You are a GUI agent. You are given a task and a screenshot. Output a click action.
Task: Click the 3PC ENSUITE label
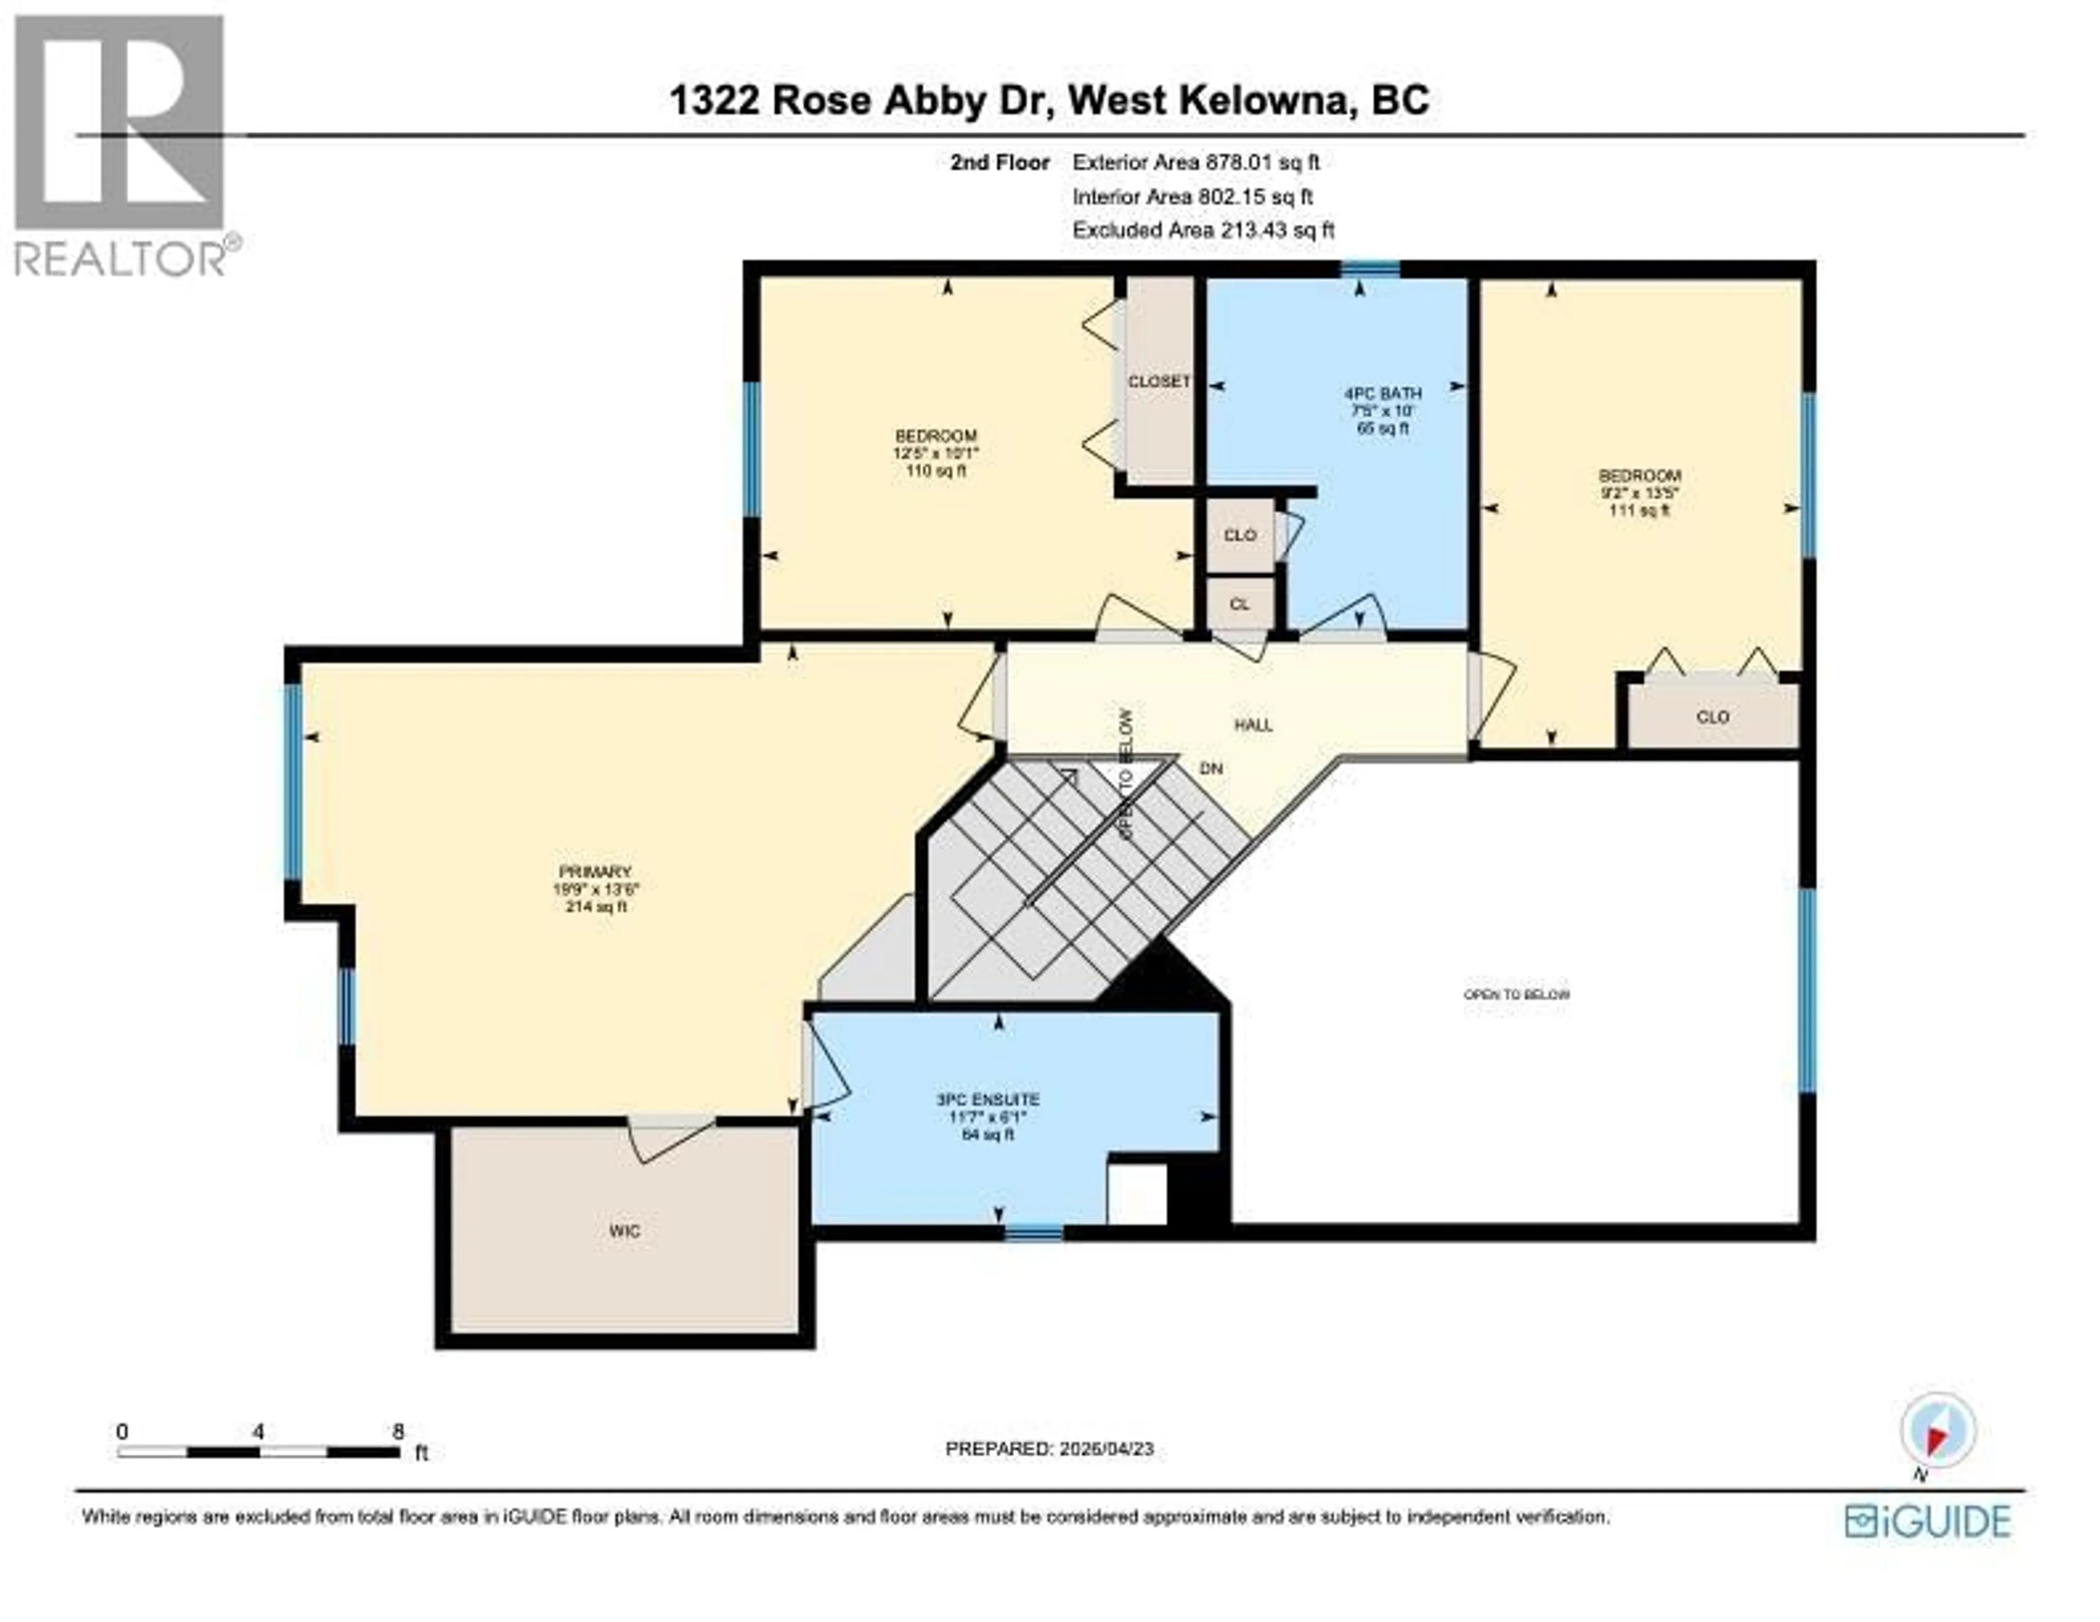988,1099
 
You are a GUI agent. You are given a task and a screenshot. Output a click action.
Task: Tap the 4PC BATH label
1382,393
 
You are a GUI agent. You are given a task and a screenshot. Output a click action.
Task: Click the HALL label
1253,725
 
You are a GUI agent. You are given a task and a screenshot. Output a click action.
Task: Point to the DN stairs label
1211,768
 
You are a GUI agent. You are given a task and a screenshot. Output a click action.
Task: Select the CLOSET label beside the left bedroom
1159,382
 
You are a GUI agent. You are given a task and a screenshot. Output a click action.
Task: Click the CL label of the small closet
1239,604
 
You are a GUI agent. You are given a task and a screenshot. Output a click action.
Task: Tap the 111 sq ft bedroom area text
1640,511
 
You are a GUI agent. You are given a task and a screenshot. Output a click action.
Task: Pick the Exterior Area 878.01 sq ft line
1195,162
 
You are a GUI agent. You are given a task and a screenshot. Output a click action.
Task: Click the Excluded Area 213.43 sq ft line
1203,230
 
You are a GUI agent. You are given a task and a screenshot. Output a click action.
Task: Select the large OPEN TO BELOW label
1516,994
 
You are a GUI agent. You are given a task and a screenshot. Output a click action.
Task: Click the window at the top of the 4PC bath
1370,268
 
